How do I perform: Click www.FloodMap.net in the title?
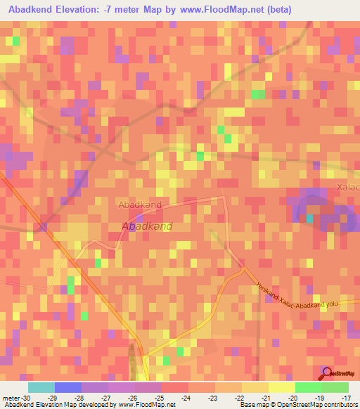[x=218, y=9]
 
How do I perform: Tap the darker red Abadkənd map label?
[x=147, y=227]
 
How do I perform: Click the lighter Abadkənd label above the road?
[x=140, y=204]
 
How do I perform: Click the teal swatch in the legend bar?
[x=41, y=387]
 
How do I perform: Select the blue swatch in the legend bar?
[x=67, y=387]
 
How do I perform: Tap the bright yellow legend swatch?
[x=281, y=387]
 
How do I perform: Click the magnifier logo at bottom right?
[x=327, y=372]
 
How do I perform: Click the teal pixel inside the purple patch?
[x=309, y=219]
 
